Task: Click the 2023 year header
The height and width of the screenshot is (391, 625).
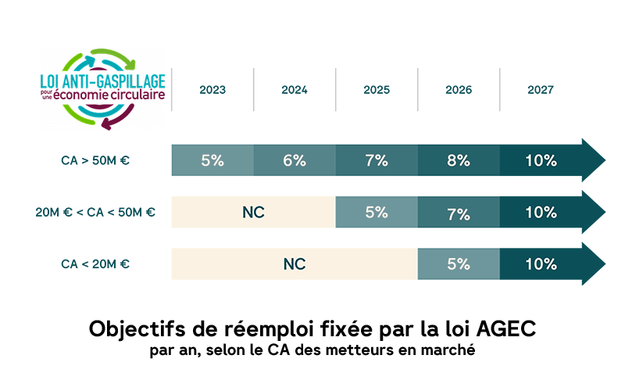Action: [x=212, y=90]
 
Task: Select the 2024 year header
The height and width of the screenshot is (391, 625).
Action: [x=295, y=90]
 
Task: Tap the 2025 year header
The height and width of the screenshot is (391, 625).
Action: [x=377, y=90]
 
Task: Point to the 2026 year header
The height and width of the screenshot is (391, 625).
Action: [x=459, y=90]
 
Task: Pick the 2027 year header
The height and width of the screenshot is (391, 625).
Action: [x=541, y=90]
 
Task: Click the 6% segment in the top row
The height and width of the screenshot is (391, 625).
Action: [x=295, y=160]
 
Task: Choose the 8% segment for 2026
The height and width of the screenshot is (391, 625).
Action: [x=459, y=160]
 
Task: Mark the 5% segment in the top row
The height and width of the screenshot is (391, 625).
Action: [x=212, y=160]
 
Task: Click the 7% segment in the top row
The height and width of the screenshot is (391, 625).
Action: [x=377, y=160]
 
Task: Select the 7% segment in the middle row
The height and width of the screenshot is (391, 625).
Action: [x=459, y=212]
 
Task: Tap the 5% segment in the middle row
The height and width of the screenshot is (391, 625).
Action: [x=377, y=212]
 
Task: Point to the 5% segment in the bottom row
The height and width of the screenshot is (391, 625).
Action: [x=459, y=264]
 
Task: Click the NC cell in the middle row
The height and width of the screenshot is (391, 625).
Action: [x=254, y=212]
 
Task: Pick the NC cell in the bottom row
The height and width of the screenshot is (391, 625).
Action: [x=295, y=264]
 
